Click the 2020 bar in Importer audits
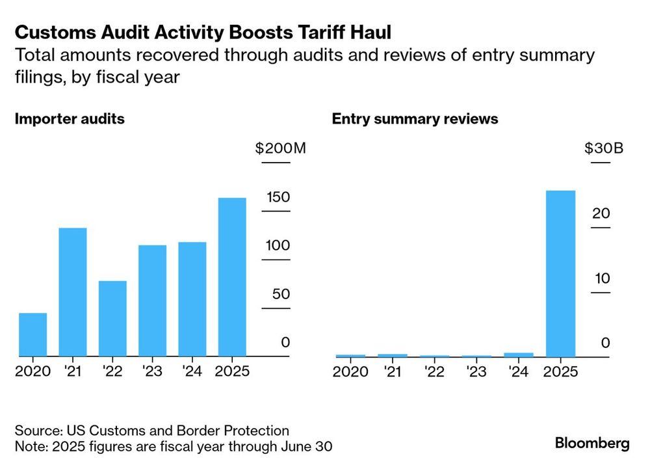click(32, 334)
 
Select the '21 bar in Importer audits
click(72, 292)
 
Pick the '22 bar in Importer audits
click(112, 318)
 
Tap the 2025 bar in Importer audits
click(232, 276)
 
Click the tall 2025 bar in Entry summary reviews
click(560, 273)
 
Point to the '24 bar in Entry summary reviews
click(519, 354)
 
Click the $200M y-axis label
click(280, 148)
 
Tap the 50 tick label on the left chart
click(280, 294)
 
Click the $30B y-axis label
click(603, 148)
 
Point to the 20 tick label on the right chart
click(601, 213)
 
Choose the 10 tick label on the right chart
click(601, 278)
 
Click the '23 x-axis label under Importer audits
click(153, 372)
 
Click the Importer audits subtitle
click(70, 119)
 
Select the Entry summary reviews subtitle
click(415, 119)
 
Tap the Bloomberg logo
click(592, 444)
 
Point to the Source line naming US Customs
click(151, 431)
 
